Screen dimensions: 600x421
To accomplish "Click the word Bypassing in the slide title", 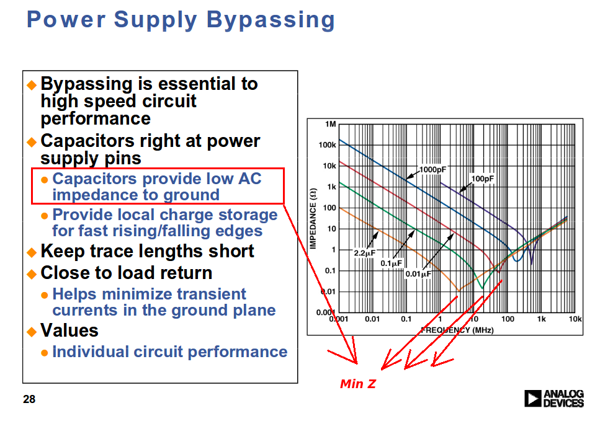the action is click(271, 20).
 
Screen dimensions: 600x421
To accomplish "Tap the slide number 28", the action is click(29, 399).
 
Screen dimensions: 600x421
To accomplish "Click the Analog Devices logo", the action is click(553, 399).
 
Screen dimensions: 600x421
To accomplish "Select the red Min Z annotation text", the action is click(358, 384).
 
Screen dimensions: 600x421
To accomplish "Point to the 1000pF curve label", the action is click(432, 169).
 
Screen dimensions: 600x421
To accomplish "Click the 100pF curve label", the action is click(483, 179).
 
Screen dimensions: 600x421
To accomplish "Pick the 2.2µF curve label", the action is click(364, 253).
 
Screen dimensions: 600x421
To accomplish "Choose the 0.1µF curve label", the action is click(391, 263).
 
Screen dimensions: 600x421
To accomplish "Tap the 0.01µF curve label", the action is click(418, 274).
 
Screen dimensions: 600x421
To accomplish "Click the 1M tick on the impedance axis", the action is click(331, 124).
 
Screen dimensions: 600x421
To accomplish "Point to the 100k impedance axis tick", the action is click(327, 145).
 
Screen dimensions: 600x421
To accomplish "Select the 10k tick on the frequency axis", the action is click(575, 319).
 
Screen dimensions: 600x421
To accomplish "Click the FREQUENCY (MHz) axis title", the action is click(457, 330).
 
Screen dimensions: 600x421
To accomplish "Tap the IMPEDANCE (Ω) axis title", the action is click(313, 218).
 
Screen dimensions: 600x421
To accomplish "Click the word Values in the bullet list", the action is click(69, 330).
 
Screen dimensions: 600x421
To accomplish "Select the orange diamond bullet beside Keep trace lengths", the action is click(32, 252).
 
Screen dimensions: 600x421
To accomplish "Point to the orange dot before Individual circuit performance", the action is click(45, 353).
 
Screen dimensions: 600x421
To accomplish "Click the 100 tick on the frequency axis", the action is click(508, 319).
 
